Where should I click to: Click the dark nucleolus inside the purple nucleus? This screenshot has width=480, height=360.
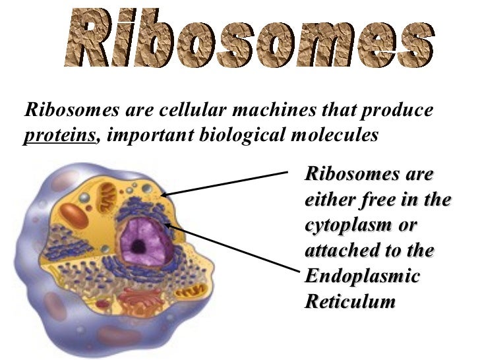[138, 247]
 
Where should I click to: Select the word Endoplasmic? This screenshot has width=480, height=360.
[362, 276]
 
